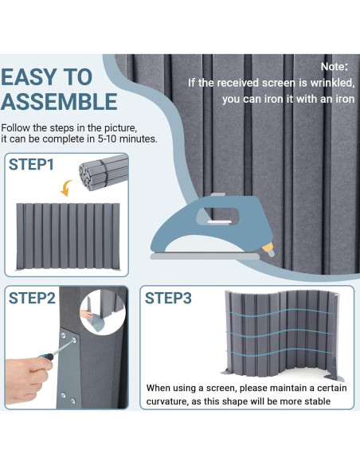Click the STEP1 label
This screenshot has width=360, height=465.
point(31,164)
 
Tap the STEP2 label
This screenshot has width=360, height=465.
point(32,298)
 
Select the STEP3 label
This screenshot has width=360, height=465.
point(168,298)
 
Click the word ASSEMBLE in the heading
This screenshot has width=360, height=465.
point(59,101)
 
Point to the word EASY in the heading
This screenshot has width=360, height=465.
point(29,76)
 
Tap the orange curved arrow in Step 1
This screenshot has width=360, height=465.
point(66,188)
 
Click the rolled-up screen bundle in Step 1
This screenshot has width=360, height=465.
point(104,173)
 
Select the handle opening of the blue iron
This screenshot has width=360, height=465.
point(217,217)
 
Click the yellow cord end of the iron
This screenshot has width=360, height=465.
point(268,249)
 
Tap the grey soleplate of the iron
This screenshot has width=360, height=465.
point(205,256)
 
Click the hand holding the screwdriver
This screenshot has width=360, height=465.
point(27,380)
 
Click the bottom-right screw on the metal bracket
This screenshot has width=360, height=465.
point(72,401)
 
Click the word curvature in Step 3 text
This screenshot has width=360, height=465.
point(167,401)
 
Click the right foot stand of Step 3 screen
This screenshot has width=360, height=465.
point(335,377)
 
